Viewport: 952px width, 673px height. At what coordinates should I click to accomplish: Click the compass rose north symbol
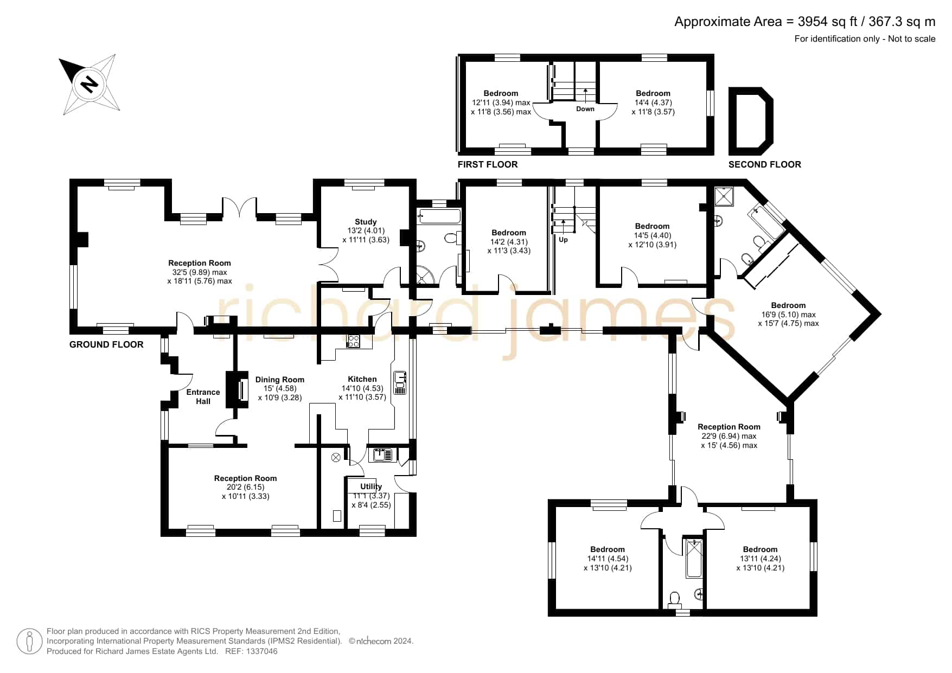(x=90, y=84)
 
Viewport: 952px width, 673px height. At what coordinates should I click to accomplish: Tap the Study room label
(x=366, y=222)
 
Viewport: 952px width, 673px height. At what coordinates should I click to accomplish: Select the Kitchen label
(x=362, y=379)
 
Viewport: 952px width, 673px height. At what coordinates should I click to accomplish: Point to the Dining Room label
(x=280, y=380)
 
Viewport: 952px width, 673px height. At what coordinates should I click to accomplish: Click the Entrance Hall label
(x=203, y=396)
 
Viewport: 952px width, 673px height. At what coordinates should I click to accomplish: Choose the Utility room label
(x=371, y=486)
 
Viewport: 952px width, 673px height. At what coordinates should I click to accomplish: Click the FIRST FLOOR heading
(x=488, y=164)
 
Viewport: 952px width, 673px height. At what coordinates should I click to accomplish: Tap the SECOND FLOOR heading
(x=764, y=164)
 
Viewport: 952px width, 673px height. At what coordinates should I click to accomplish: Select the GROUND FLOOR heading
(x=106, y=344)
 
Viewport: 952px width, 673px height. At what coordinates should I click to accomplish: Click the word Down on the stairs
(x=585, y=109)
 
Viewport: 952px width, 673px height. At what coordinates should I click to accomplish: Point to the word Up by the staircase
(x=563, y=239)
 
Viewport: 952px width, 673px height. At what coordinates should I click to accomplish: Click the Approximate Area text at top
(x=805, y=21)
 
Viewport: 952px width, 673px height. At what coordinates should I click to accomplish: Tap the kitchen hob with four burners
(x=353, y=341)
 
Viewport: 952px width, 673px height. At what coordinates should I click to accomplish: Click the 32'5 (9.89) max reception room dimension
(x=200, y=272)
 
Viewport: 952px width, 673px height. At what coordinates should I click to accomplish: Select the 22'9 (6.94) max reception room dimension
(x=729, y=436)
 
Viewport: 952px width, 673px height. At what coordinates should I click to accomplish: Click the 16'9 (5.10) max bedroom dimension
(x=788, y=315)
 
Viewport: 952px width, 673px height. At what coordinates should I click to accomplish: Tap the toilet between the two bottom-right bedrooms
(x=675, y=599)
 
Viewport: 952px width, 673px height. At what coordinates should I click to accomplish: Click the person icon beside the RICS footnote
(x=29, y=642)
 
